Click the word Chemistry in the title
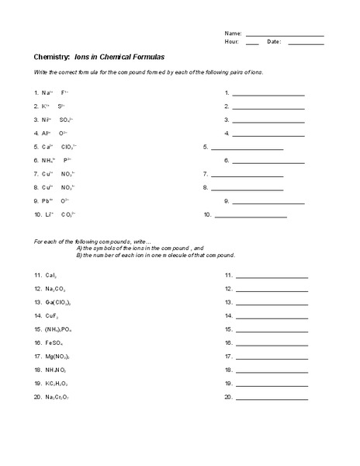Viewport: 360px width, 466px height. pyautogui.click(x=51, y=57)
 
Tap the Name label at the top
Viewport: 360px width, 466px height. pyautogui.click(x=233, y=34)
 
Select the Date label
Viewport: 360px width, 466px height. pyautogui.click(x=274, y=42)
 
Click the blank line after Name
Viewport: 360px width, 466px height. pyautogui.click(x=285, y=35)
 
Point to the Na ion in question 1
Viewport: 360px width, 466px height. pyautogui.click(x=47, y=92)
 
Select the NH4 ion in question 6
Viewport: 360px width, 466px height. pyautogui.click(x=48, y=160)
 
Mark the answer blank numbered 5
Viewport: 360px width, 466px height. pyautogui.click(x=247, y=148)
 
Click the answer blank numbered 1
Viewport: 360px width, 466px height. pyautogui.click(x=268, y=94)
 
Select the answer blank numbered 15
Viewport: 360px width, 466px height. pyautogui.click(x=272, y=330)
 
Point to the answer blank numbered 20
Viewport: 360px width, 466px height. pyautogui.click(x=272, y=398)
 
